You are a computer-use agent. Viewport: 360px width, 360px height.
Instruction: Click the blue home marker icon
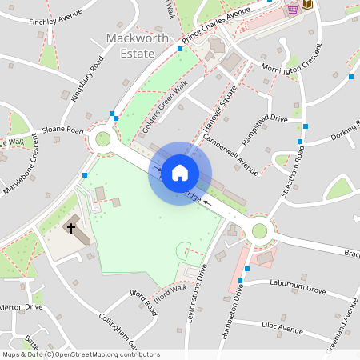[x=180, y=173]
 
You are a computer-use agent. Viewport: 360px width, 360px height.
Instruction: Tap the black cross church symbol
[x=71, y=228]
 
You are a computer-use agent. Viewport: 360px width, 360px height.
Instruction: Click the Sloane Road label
[x=63, y=130]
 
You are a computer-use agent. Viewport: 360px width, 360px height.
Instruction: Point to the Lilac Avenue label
[x=283, y=327]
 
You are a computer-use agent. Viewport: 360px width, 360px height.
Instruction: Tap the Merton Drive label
[x=21, y=306]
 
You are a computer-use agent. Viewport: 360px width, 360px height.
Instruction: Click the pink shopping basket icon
[x=293, y=8]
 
